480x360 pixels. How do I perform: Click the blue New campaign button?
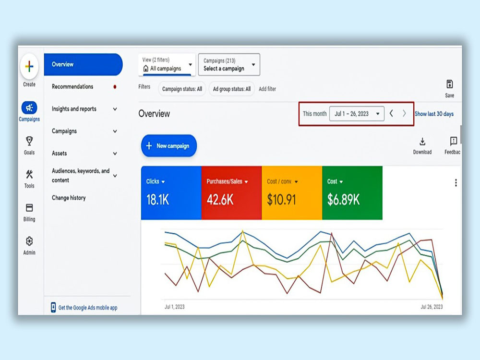coord(168,146)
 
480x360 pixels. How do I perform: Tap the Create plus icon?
coord(29,66)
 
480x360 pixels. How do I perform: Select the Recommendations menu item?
coord(72,86)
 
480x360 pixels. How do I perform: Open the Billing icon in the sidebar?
coord(29,207)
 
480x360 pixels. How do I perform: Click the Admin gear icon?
coord(29,241)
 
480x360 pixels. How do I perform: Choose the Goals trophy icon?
coord(29,141)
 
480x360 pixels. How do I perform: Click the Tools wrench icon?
coord(29,174)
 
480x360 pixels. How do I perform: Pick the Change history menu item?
coord(69,198)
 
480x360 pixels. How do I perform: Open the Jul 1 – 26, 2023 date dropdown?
coord(357,114)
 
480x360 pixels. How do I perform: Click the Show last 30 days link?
coord(434,114)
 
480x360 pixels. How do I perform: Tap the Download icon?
coord(422,142)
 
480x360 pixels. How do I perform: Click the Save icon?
coord(449,84)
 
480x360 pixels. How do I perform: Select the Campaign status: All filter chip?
coord(182,89)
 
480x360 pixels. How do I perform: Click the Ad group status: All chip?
coord(232,89)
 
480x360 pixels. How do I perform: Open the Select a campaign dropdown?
coord(229,64)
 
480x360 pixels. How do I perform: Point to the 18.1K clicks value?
coord(157,200)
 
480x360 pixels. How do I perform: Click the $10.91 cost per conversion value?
coord(281,200)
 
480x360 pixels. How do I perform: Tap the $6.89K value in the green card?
coord(344,200)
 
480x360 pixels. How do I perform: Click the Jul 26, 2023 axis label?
coord(432,307)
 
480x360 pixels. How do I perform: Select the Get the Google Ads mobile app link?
coord(88,308)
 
